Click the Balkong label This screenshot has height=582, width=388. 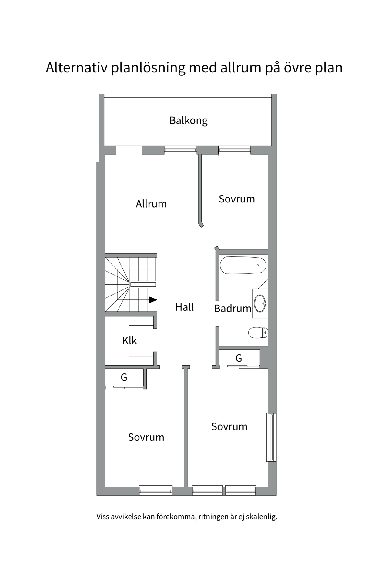[188, 121]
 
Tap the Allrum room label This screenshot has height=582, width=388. [151, 204]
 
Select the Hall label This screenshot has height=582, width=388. [184, 307]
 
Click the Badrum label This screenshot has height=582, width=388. [232, 308]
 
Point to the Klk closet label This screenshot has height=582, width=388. [129, 341]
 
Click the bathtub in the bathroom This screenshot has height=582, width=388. [243, 266]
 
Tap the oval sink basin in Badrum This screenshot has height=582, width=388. [260, 303]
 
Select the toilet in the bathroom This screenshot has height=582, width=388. [258, 333]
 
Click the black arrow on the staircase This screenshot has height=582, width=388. [153, 300]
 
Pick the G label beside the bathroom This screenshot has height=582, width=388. [239, 358]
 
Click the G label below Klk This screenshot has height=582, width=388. [124, 377]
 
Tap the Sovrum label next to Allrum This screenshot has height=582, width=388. [237, 199]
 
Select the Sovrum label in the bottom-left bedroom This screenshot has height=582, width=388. [146, 437]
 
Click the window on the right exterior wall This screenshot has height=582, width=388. [272, 437]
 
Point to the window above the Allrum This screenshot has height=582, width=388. [180, 151]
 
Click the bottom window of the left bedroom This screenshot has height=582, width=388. [156, 490]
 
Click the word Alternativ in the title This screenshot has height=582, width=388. [77, 68]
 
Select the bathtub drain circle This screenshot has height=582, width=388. [258, 265]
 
